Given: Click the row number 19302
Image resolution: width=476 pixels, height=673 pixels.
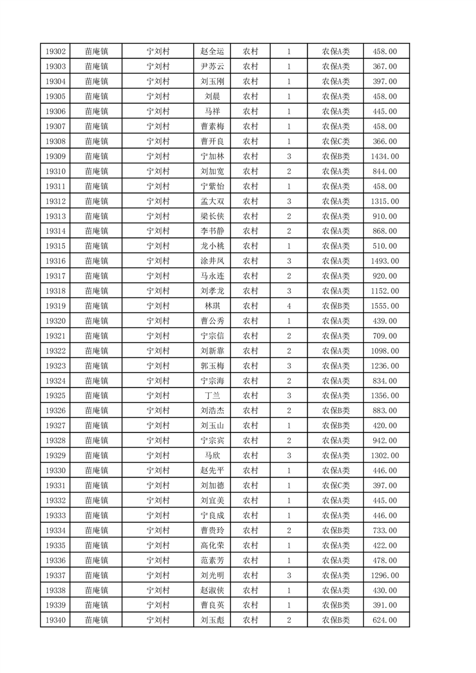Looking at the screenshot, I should [x=55, y=52].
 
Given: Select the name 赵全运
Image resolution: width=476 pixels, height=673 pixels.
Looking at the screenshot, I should [x=212, y=52].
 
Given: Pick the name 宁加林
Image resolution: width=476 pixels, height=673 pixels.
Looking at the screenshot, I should [x=212, y=157].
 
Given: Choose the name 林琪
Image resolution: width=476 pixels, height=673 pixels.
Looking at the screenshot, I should [x=212, y=306].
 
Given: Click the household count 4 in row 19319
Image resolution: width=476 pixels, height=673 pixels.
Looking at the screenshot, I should [x=289, y=306].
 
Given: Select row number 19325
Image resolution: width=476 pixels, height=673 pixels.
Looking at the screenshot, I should [x=55, y=396].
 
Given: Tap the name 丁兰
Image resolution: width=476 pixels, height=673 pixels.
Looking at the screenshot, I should [x=212, y=396].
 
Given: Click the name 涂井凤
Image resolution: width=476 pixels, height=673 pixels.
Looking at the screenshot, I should [x=212, y=261].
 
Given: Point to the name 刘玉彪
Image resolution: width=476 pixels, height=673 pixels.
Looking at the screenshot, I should [x=212, y=620].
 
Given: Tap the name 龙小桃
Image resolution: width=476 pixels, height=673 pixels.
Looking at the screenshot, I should [x=212, y=246].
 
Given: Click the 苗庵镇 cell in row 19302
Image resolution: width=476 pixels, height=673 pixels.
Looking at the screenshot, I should [x=96, y=52].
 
